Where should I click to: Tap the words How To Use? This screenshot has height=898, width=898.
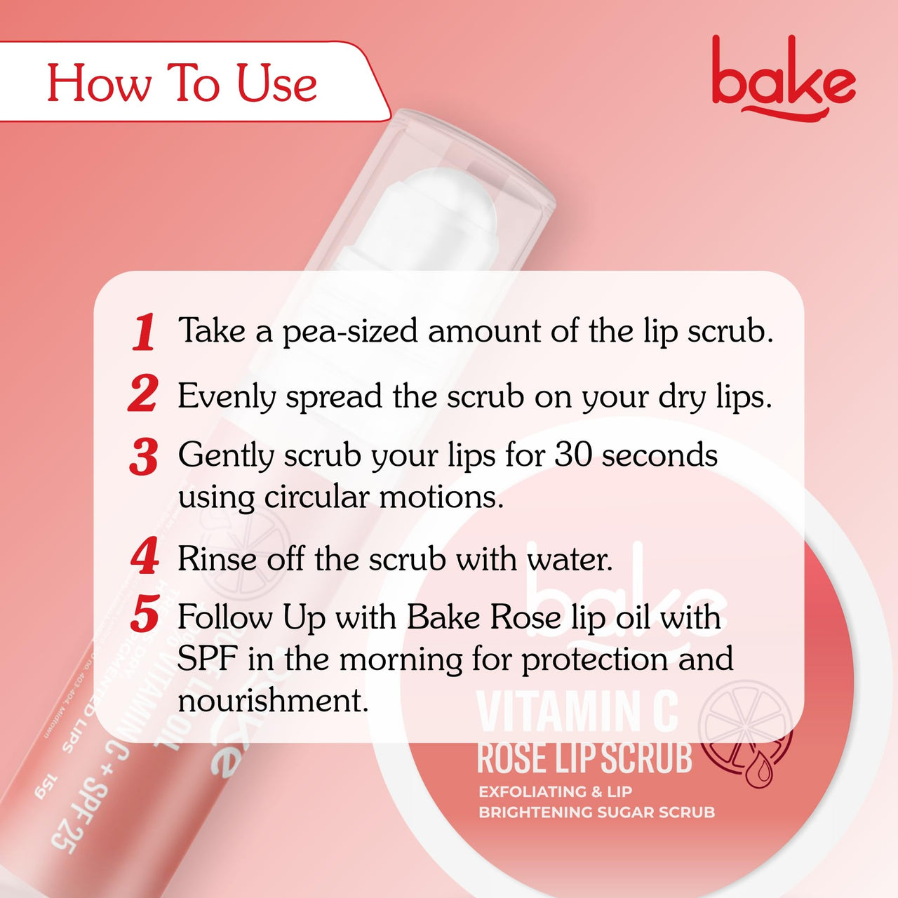[182, 83]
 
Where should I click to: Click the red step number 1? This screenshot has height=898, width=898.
[144, 332]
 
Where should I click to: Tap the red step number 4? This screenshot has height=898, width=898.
[145, 558]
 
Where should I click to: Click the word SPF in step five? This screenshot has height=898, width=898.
[207, 659]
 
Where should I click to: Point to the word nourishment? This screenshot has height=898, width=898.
[272, 700]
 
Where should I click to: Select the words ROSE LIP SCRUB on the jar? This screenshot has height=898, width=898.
[584, 758]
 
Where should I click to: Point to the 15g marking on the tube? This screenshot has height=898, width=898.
[47, 788]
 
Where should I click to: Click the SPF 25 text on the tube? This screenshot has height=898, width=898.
[77, 813]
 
